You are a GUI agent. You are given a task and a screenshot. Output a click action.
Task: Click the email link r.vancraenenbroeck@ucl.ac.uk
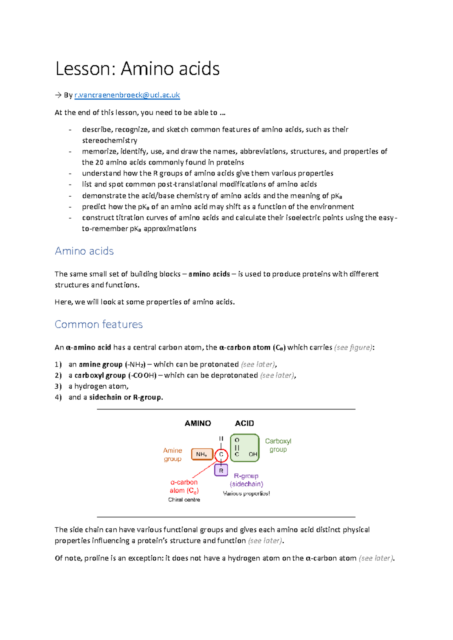tap(127, 95)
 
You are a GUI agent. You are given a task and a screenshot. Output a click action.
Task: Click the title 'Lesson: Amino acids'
tap(137, 69)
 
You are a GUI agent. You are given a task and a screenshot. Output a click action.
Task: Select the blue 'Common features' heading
tap(99, 324)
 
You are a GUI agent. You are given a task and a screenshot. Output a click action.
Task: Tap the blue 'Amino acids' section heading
tap(84, 251)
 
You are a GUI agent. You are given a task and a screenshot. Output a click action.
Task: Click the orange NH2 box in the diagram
tap(202, 454)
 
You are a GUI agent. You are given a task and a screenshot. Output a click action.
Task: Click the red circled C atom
tap(221, 455)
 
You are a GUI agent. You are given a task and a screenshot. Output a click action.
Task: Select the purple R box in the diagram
tap(221, 471)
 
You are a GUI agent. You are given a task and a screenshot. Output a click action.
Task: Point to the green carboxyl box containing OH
tap(245, 448)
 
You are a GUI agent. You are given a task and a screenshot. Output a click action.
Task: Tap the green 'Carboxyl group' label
tap(278, 445)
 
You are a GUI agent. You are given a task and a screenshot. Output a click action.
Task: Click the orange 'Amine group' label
tap(173, 454)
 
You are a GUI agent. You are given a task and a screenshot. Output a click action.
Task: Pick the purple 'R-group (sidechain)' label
tap(247, 480)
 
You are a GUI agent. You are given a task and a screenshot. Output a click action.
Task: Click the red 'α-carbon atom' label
tap(184, 486)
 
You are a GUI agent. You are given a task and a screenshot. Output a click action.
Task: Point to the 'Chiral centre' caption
tap(184, 500)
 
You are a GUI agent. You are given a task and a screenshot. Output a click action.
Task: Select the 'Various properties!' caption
tap(246, 494)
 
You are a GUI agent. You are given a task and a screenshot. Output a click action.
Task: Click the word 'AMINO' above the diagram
tap(198, 423)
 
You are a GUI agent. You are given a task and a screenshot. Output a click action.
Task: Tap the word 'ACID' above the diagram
tap(244, 423)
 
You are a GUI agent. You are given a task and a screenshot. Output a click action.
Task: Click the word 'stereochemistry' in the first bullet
tap(109, 140)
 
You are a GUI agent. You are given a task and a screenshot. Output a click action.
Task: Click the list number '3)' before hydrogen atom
tap(58, 386)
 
